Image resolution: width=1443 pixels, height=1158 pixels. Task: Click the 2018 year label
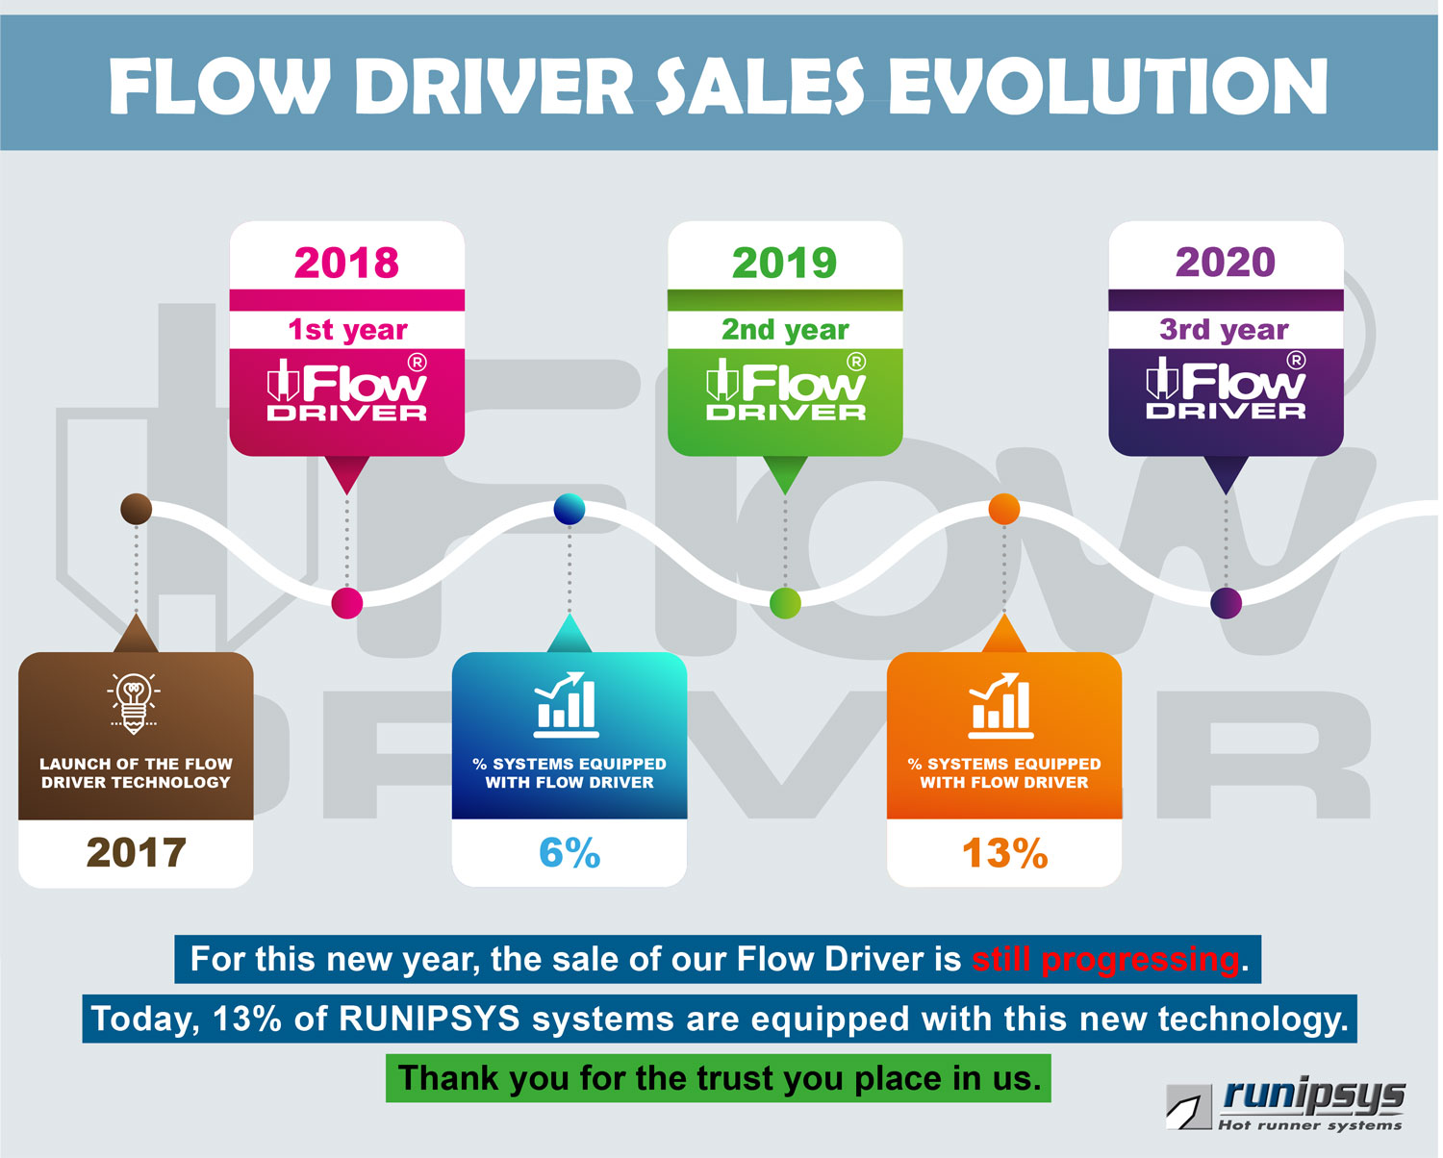pyautogui.click(x=346, y=263)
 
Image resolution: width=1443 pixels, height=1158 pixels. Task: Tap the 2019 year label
pyautogui.click(x=785, y=263)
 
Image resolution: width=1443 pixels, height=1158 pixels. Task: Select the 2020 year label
pyautogui.click(x=1225, y=262)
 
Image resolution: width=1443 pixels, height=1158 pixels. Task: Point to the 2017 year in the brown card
pyautogui.click(x=136, y=853)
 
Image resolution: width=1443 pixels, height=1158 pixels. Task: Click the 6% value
pyautogui.click(x=570, y=853)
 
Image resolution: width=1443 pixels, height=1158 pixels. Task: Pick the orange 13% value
pyautogui.click(x=1004, y=853)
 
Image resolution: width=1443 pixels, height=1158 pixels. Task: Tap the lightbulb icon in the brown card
pyautogui.click(x=135, y=703)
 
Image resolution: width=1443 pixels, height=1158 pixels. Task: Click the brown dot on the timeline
pyautogui.click(x=136, y=509)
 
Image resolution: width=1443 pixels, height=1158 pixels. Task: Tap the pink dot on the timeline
pyautogui.click(x=346, y=603)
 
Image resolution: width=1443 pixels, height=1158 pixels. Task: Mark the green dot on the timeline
pyautogui.click(x=785, y=603)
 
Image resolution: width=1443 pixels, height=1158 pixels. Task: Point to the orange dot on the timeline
pyautogui.click(x=1003, y=509)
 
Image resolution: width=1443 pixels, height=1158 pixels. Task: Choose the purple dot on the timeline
pyautogui.click(x=1226, y=603)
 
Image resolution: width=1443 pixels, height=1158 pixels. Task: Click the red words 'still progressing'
pyautogui.click(x=1105, y=959)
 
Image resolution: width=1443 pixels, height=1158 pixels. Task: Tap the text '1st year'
pyautogui.click(x=347, y=330)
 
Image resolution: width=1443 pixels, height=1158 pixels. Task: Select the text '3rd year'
pyautogui.click(x=1224, y=330)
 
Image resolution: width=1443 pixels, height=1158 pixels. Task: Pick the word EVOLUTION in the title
pyautogui.click(x=1108, y=87)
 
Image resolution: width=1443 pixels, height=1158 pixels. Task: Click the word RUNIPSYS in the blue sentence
pyautogui.click(x=429, y=1019)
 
